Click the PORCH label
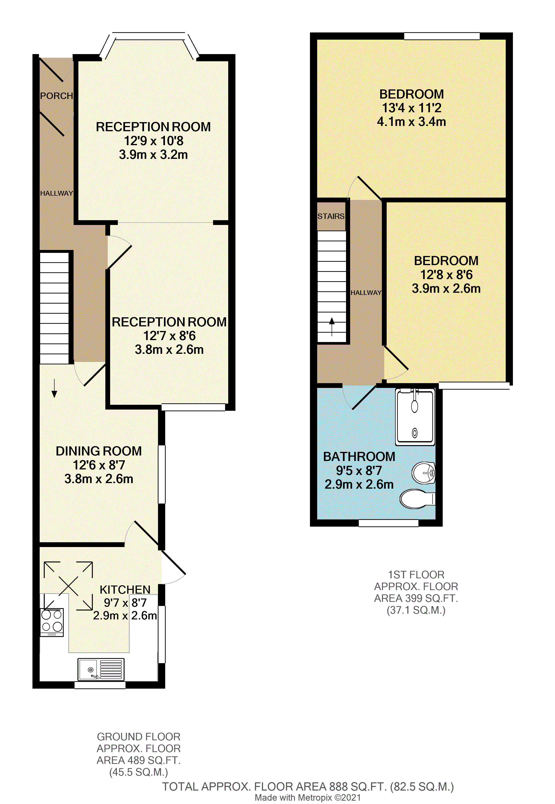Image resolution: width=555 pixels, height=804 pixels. (56, 96)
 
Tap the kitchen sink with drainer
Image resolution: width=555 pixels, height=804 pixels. (101, 669)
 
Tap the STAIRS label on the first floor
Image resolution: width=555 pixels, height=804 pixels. (331, 216)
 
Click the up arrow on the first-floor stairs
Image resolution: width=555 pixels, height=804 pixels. (332, 326)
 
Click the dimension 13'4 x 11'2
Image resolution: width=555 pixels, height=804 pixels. (411, 108)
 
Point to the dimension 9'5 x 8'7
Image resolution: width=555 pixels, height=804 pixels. (359, 471)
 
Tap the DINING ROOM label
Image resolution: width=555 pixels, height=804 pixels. (99, 451)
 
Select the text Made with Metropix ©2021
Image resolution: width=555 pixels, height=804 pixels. (308, 798)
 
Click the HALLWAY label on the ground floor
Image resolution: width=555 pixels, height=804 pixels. (56, 193)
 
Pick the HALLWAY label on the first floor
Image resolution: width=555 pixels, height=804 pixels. (366, 293)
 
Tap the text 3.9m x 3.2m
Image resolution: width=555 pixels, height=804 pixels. (153, 155)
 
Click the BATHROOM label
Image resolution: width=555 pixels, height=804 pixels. (359, 457)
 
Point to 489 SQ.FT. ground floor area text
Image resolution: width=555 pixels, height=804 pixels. (139, 760)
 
